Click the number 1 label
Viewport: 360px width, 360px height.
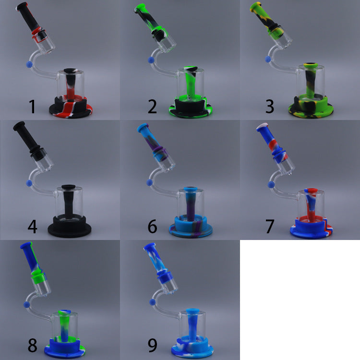pyautogui.click(x=32, y=106)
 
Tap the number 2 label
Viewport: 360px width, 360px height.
pyautogui.click(x=152, y=106)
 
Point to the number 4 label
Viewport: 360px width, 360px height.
pyautogui.click(x=32, y=226)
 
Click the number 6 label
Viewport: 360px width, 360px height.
pyautogui.click(x=152, y=226)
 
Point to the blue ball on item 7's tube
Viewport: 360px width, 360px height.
pyautogui.click(x=271, y=184)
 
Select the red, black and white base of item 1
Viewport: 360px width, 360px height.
pyautogui.click(x=70, y=108)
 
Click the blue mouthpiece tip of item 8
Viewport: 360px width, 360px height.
pyautogui.click(x=25, y=248)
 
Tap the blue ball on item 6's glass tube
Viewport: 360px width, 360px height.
pyautogui.click(x=149, y=183)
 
